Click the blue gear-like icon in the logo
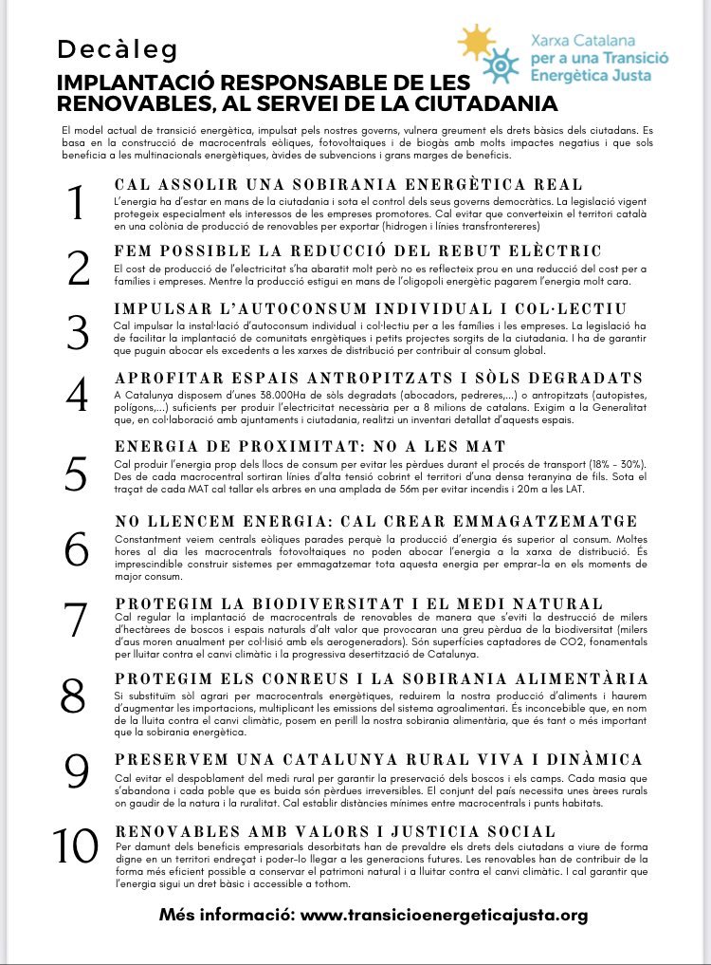point(496,65)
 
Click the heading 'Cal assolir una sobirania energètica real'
point(348,184)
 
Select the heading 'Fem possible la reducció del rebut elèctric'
point(357,251)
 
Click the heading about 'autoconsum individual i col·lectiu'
point(370,309)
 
